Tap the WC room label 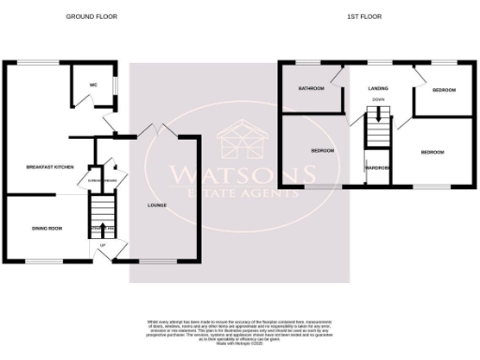pos(94,84)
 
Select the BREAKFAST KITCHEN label pos(50,166)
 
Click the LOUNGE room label pos(157,203)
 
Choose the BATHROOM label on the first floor pos(311,89)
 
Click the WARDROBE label pos(378,168)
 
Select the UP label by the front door pos(101,246)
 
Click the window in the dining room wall pos(39,260)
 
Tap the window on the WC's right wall pos(117,84)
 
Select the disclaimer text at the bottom pos(240,333)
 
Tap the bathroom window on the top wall pos(307,63)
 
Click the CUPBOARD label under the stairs pos(100,178)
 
